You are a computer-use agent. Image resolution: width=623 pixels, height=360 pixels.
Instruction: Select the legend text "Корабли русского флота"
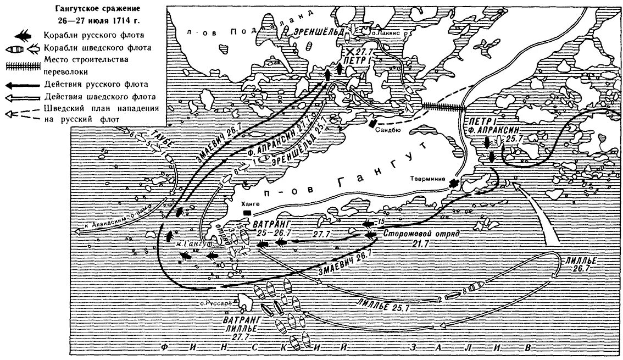pos(90,35)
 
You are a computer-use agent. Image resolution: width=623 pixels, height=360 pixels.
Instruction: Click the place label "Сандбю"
pos(383,131)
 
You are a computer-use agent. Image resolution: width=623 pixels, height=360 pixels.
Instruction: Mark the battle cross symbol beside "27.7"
pos(350,51)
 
